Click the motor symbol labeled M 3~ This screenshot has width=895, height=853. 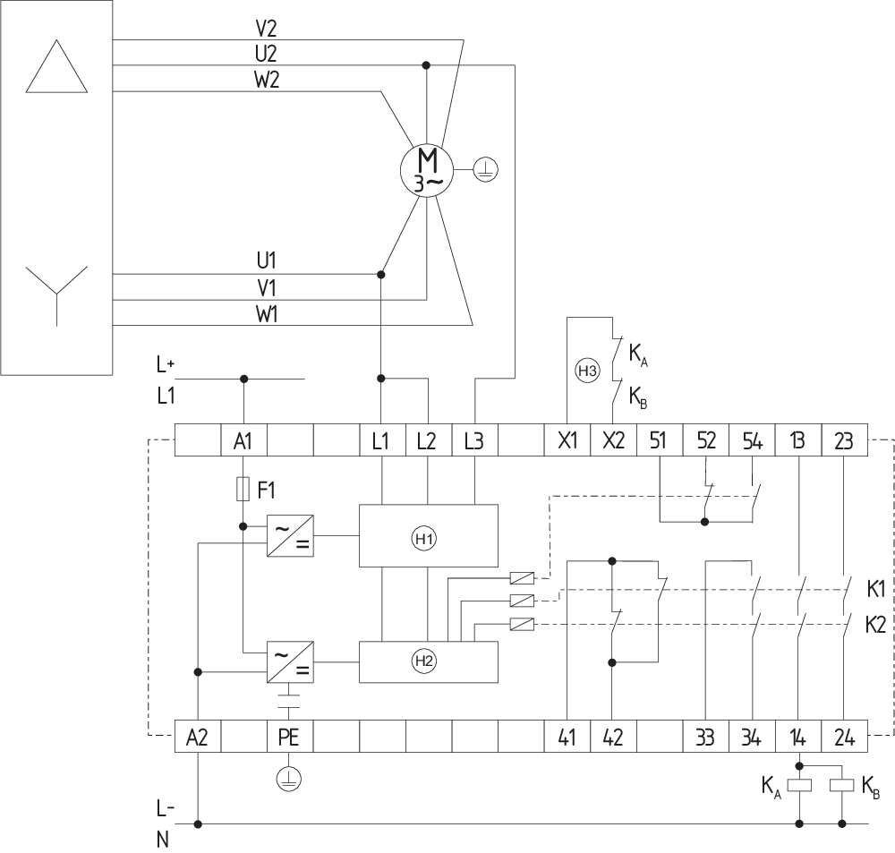pos(427,170)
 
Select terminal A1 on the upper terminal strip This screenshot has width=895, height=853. pos(243,440)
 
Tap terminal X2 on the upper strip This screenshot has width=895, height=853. pos(614,440)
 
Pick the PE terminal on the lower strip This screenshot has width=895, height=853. pos(290,737)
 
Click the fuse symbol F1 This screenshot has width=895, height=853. pos(243,490)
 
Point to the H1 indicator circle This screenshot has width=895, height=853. pos(424,539)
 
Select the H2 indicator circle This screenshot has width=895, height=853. pos(424,661)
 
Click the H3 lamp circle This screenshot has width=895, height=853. pos(587,371)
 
